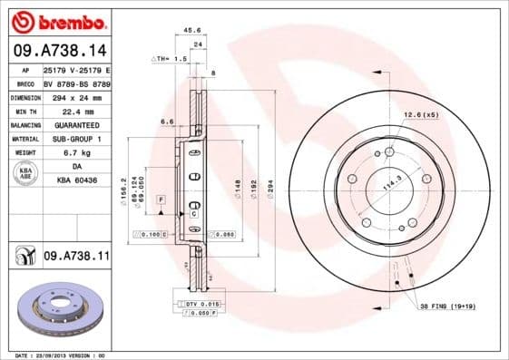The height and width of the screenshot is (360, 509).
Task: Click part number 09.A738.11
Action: tap(75, 258)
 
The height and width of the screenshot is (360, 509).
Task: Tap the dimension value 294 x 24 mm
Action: tap(76, 97)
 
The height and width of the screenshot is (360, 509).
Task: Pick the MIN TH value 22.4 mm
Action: tap(76, 111)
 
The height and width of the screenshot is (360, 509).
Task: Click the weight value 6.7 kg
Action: tap(76, 152)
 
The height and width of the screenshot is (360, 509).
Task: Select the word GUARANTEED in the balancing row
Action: tap(76, 124)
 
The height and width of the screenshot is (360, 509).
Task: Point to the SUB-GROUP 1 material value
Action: tap(76, 139)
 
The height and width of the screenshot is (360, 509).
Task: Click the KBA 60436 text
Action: tap(76, 180)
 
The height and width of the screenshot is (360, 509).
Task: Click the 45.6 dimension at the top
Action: tap(192, 30)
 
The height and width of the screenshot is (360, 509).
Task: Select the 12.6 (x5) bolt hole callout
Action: tap(420, 114)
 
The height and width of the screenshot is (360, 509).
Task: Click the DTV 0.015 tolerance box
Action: tap(201, 303)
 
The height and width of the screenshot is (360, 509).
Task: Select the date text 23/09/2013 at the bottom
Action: tap(57, 355)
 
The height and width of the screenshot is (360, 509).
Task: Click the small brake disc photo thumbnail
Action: tap(57, 308)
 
